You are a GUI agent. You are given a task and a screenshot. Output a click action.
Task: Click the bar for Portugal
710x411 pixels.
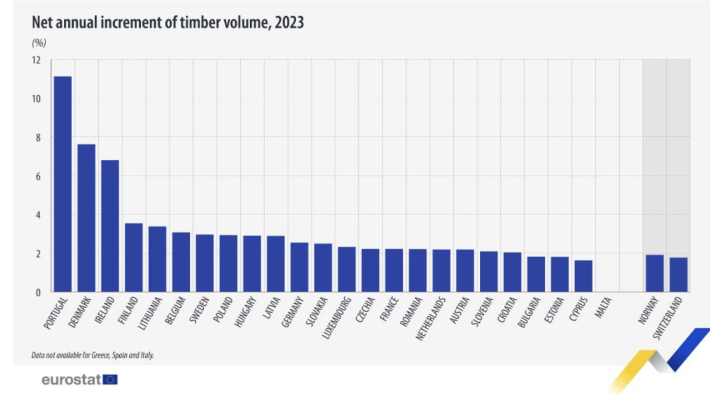click(63, 184)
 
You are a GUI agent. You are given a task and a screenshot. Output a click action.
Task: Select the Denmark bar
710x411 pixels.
click(87, 218)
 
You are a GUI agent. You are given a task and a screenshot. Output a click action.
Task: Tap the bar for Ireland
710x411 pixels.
click(110, 225)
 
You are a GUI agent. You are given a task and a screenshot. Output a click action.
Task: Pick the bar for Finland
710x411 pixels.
click(134, 257)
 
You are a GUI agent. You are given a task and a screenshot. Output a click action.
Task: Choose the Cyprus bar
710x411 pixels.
click(584, 276)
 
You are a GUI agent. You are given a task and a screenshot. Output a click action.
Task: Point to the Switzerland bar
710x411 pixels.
click(678, 274)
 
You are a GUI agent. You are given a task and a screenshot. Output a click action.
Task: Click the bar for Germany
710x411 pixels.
click(300, 267)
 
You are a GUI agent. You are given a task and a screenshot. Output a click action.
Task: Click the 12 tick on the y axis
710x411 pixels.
click(37, 60)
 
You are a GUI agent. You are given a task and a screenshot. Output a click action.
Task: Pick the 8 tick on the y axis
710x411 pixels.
click(38, 137)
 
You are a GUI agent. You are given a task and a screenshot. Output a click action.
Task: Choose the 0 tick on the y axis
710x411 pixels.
click(38, 292)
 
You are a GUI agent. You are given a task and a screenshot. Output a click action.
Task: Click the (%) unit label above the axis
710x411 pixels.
click(39, 43)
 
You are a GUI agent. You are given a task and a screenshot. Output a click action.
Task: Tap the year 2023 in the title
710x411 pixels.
click(287, 23)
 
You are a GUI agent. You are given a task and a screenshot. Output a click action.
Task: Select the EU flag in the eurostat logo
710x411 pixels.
click(110, 380)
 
